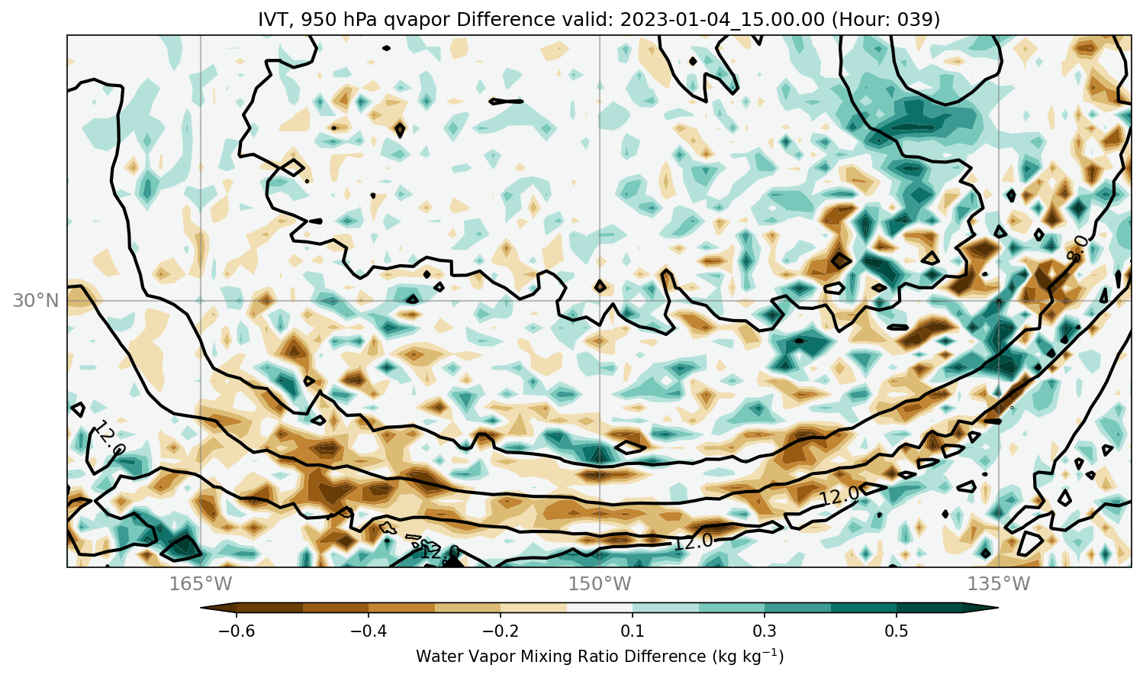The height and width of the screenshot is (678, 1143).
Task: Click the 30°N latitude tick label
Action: (36, 301)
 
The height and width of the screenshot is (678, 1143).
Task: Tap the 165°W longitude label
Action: (201, 583)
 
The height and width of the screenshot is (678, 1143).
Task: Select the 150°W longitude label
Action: (600, 583)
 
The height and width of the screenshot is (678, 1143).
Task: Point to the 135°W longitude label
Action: (999, 583)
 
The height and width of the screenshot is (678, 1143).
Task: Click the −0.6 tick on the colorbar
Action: (237, 631)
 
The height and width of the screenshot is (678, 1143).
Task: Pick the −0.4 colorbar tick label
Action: (369, 631)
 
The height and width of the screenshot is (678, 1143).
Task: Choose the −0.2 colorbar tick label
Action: (501, 631)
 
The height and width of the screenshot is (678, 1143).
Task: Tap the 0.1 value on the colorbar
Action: (633, 631)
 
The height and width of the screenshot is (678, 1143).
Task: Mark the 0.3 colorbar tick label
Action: (765, 631)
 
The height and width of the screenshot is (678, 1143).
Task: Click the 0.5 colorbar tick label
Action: (897, 631)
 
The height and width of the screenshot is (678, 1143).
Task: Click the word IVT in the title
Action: (274, 19)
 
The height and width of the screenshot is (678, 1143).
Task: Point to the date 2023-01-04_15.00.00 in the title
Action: (722, 20)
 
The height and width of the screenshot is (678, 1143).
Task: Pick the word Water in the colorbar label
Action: (439, 656)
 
